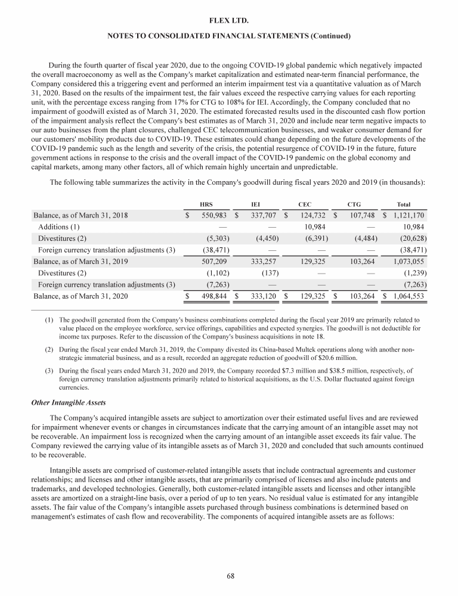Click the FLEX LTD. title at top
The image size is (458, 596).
point(229,21)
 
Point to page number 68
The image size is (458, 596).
point(229,576)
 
